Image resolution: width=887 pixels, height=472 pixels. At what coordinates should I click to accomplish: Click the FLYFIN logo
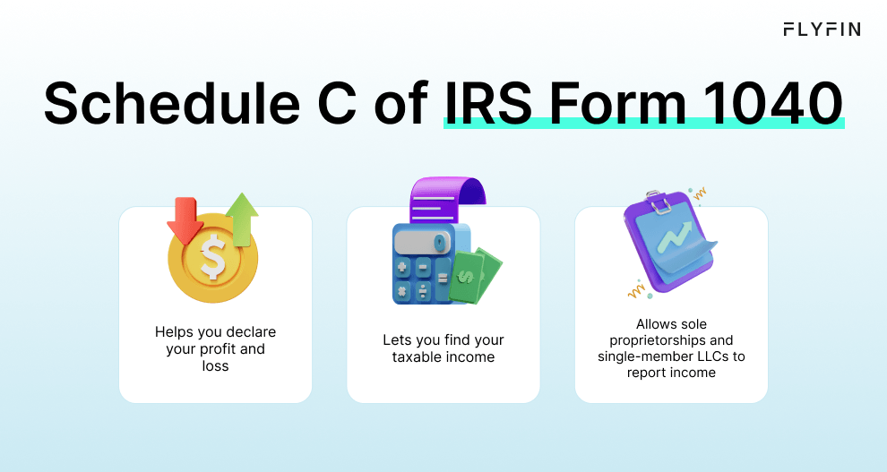point(821,30)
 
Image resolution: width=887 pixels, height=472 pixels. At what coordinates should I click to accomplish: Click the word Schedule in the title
point(167,105)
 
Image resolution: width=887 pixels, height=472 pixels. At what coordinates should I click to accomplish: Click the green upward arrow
point(241,218)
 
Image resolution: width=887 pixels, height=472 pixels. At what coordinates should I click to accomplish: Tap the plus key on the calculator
point(402,268)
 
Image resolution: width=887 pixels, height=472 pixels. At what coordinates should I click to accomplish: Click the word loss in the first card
point(215,366)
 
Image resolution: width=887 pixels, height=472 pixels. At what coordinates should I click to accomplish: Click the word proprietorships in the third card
point(659,340)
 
